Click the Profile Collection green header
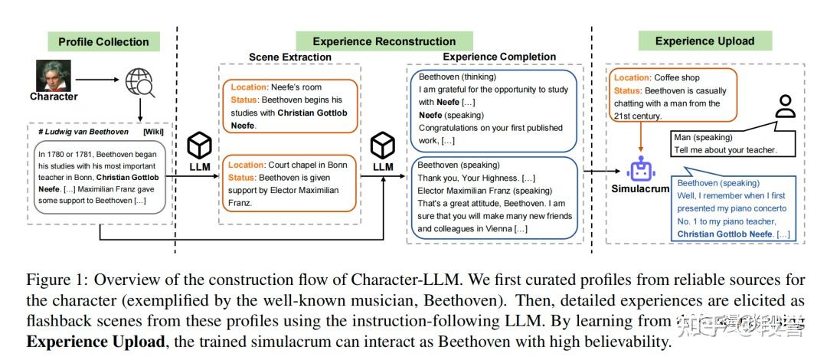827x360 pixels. pos(103,41)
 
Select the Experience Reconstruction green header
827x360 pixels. pos(384,41)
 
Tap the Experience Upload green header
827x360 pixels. pos(704,41)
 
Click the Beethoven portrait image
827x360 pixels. pos(52,76)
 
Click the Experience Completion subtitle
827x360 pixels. pos(499,57)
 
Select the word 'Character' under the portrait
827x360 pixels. pos(54,97)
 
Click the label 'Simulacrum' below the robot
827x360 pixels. pos(642,188)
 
